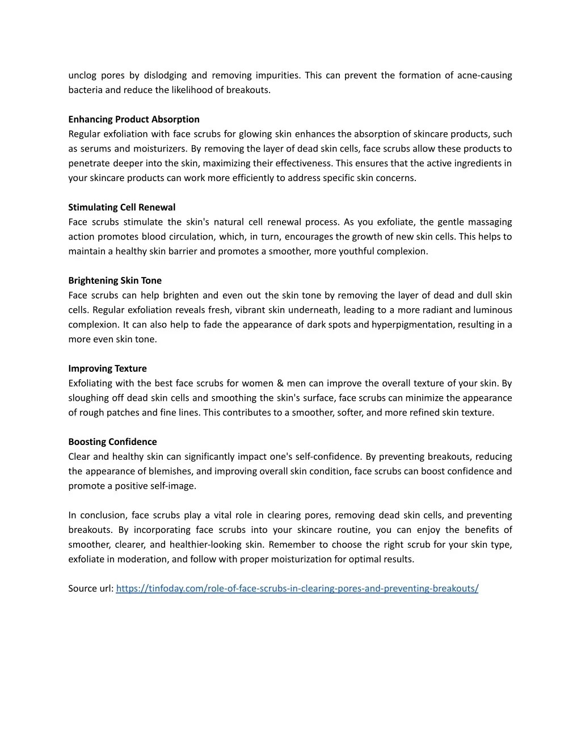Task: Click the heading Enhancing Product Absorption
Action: pyautogui.click(x=134, y=119)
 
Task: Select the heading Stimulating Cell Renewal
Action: pyautogui.click(x=122, y=207)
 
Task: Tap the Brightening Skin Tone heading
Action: pyautogui.click(x=115, y=280)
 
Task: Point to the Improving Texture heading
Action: pyautogui.click(x=107, y=368)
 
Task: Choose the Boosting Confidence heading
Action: pyautogui.click(x=112, y=442)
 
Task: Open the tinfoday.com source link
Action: pyautogui.click(x=297, y=589)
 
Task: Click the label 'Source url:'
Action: pyautogui.click(x=91, y=589)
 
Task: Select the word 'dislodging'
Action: pyautogui.click(x=165, y=75)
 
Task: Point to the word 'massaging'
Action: pyautogui.click(x=491, y=222)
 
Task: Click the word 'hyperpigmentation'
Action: pyautogui.click(x=410, y=325)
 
